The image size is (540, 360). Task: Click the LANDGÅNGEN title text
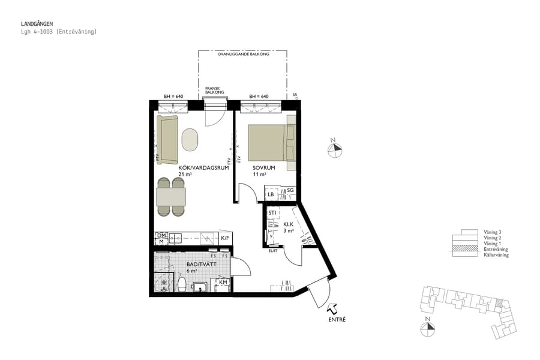click(x=37, y=24)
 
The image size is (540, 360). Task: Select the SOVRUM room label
click(x=263, y=168)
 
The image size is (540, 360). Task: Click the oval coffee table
click(x=190, y=140)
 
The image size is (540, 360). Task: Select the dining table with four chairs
click(x=170, y=197)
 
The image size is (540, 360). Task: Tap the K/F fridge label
click(x=225, y=238)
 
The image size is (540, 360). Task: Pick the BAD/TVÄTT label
click(x=197, y=264)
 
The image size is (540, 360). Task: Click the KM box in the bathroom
click(x=223, y=283)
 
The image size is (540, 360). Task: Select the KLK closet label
click(x=288, y=225)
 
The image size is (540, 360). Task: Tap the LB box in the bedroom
click(x=271, y=194)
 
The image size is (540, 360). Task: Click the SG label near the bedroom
click(x=289, y=190)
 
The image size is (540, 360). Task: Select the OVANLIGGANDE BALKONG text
click(x=242, y=54)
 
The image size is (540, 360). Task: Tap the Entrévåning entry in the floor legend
click(x=496, y=249)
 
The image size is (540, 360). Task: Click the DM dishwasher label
click(x=161, y=235)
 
